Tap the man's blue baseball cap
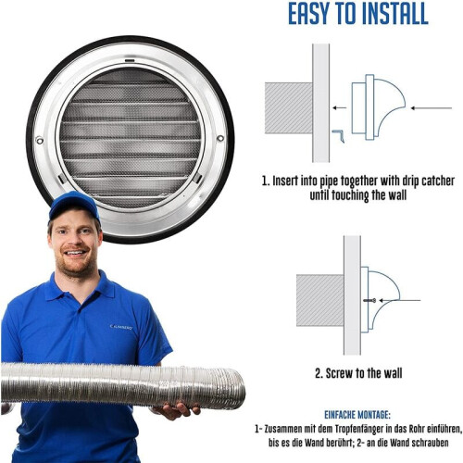pyautogui.click(x=74, y=205)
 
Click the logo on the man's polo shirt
pyautogui.click(x=121, y=327)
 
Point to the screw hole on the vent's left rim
pyautogui.click(x=40, y=141)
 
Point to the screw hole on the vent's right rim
pyautogui.click(x=220, y=138)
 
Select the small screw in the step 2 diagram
pyautogui.click(x=369, y=300)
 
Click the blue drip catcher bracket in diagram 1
pyautogui.click(x=339, y=136)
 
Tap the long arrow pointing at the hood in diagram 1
pyautogui.click(x=432, y=108)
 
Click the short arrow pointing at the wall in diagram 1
pyautogui.click(x=339, y=107)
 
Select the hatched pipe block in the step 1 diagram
pyautogui.click(x=289, y=108)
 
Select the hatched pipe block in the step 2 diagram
pyautogui.click(x=320, y=300)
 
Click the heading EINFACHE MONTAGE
pyautogui.click(x=357, y=415)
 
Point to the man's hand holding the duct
pyautogui.click(x=175, y=409)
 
